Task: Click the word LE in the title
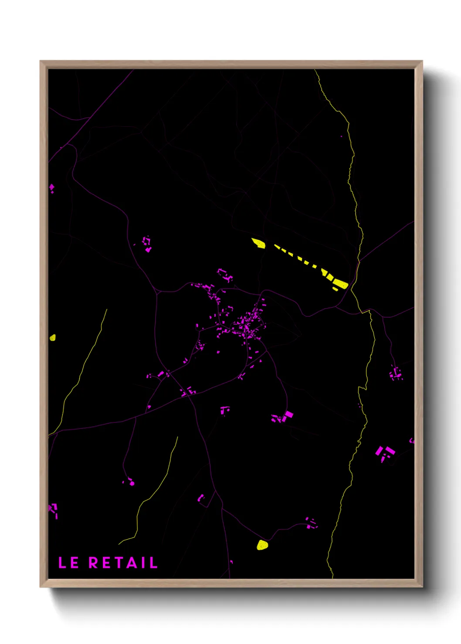(68, 563)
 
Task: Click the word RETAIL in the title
(123, 563)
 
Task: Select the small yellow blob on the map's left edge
(53, 337)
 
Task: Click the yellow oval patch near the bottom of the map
(262, 545)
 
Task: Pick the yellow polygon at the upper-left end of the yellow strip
(258, 243)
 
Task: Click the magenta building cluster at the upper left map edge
(52, 188)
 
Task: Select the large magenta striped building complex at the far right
(385, 453)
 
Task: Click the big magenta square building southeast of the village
(288, 414)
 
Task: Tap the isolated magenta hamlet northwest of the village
(147, 244)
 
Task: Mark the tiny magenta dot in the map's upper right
(341, 136)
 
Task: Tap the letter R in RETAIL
(93, 563)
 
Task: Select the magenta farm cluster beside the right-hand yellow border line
(396, 373)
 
